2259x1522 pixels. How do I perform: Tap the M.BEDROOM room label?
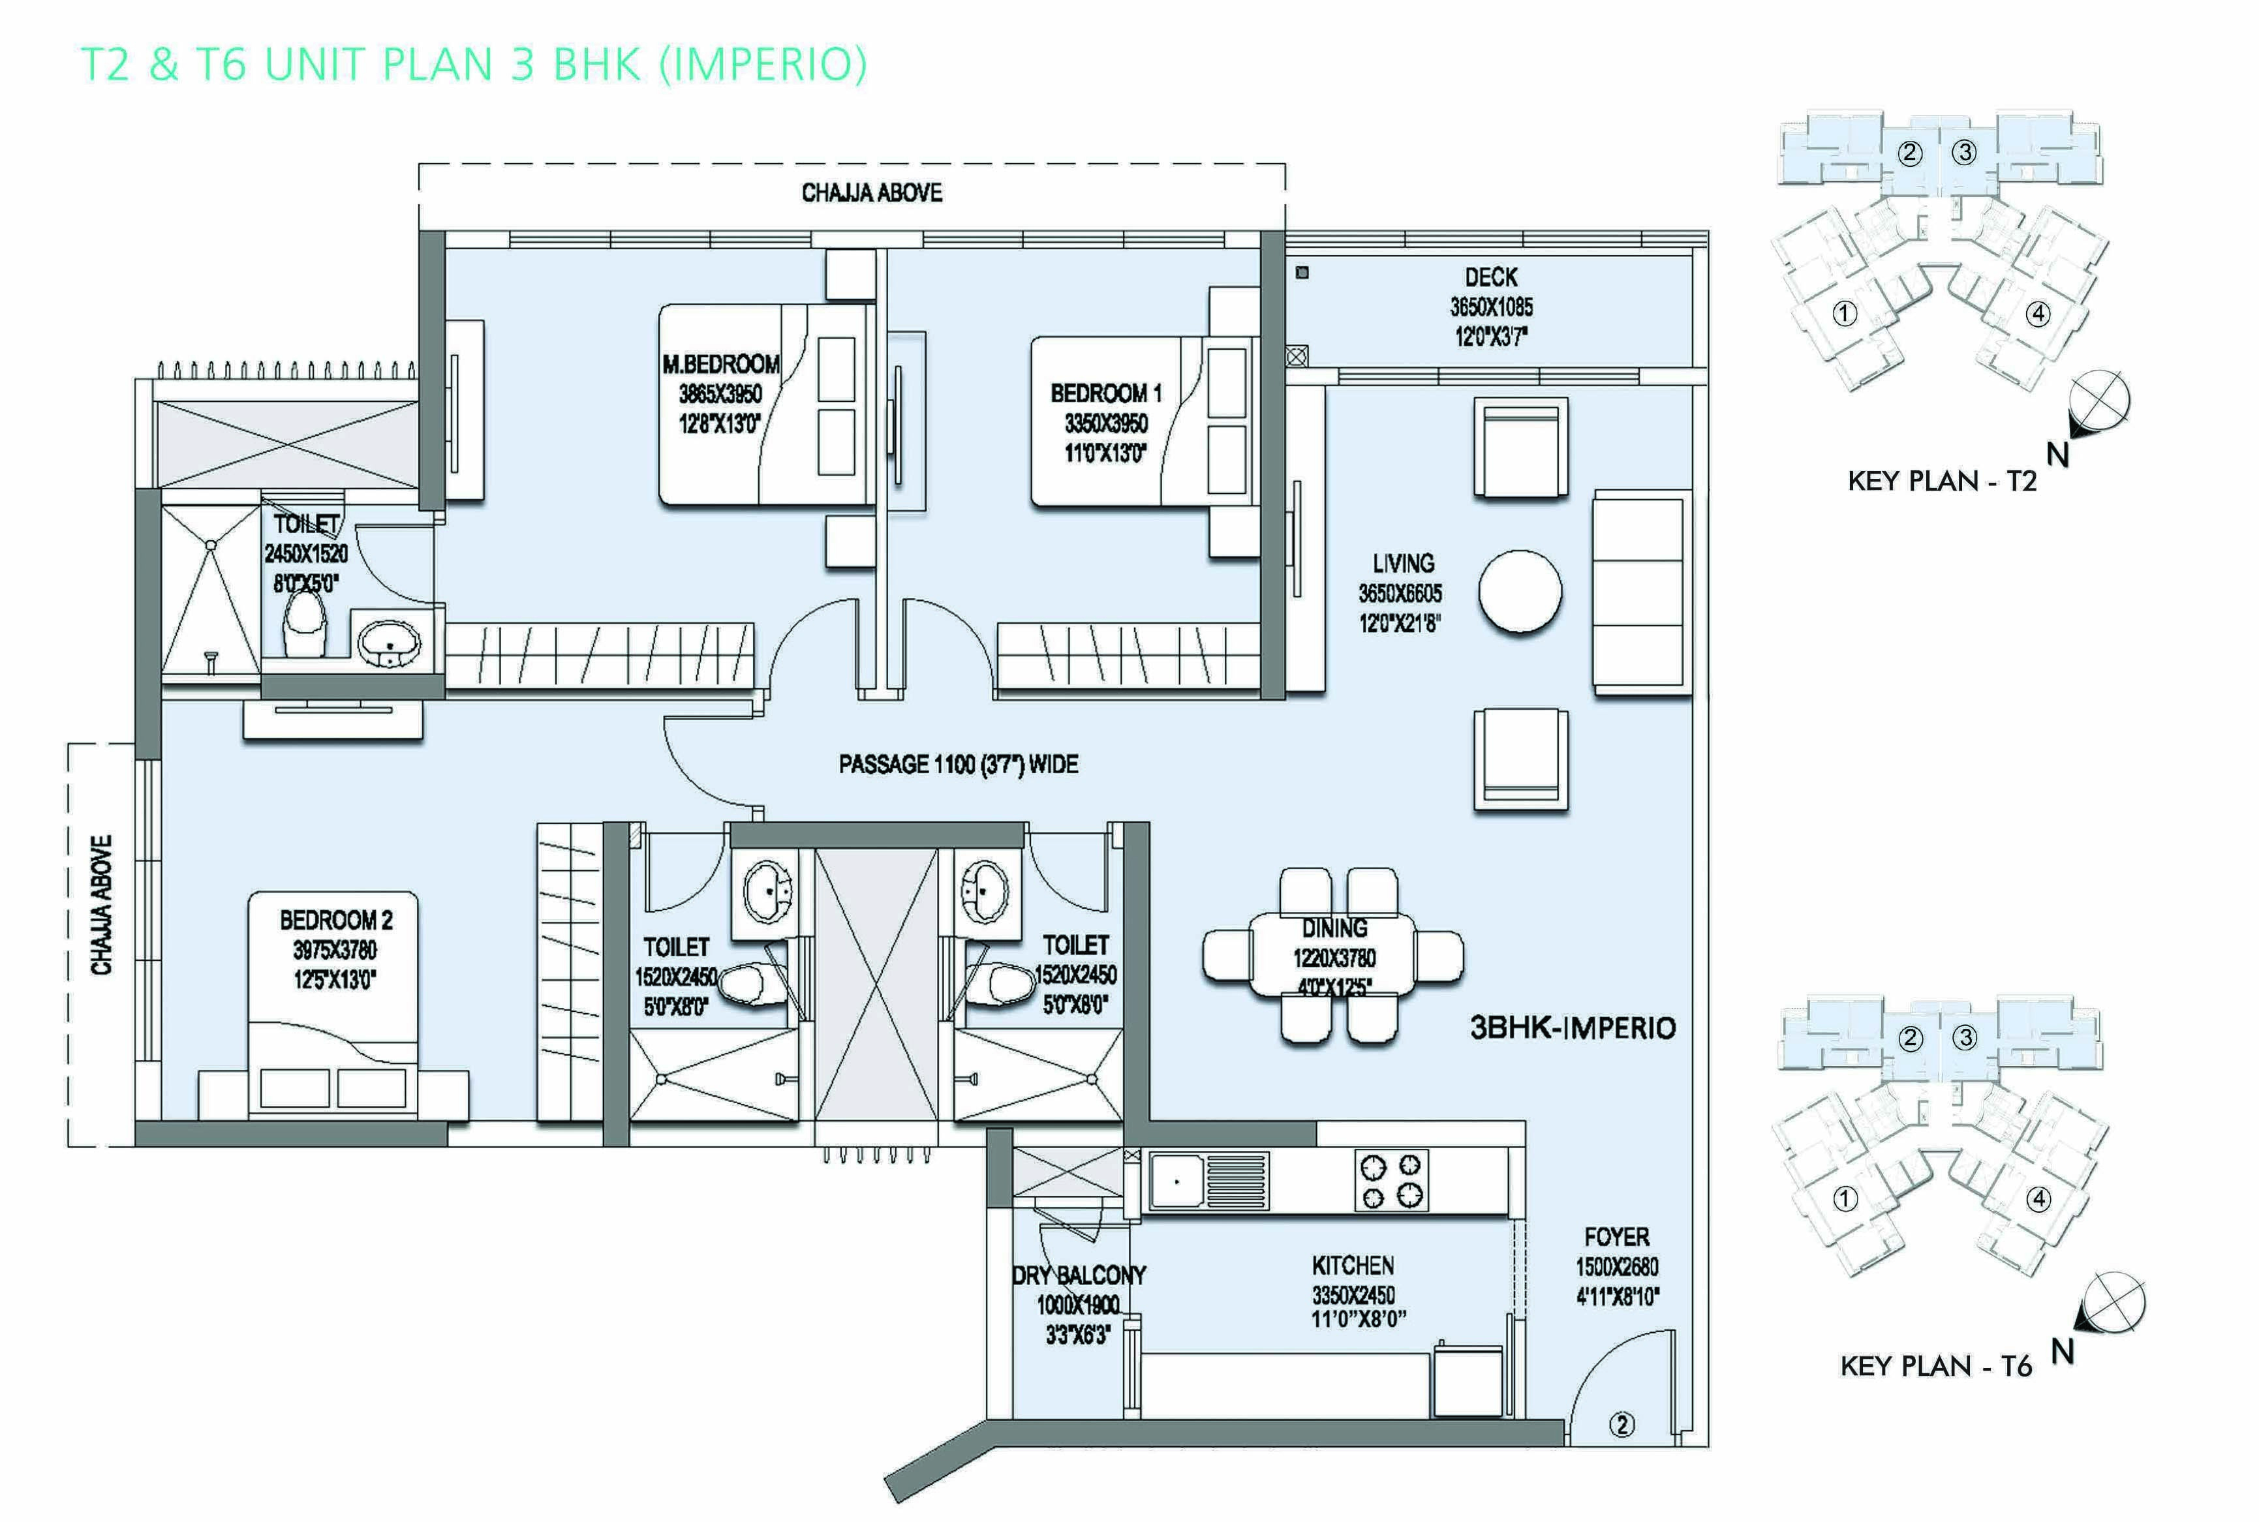pos(720,364)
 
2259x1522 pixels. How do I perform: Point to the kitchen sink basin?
pos(1176,1181)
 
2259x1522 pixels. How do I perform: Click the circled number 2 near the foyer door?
pos(1622,1424)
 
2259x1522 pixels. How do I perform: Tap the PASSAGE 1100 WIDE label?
pos(958,764)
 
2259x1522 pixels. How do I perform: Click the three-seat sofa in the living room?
pos(1640,592)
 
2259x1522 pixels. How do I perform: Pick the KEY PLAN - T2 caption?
pos(1941,481)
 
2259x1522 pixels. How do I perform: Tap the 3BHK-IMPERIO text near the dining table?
pos(1573,1028)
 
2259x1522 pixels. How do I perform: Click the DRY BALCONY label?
pos(1079,1275)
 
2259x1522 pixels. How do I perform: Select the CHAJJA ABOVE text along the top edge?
pos(871,192)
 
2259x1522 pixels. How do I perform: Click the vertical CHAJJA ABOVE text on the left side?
pos(102,905)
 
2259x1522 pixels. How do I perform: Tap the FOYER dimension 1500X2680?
pos(1616,1267)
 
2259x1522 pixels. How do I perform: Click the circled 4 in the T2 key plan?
pos(2038,314)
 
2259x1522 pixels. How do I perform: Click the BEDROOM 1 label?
pos(1106,393)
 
